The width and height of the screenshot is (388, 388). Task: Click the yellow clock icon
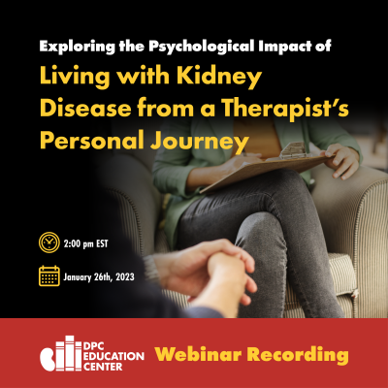point(49,242)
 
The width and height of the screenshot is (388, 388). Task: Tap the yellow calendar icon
point(49,275)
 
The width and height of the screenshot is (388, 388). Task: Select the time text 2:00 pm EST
point(85,243)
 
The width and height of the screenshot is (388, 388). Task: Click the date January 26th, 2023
point(99,277)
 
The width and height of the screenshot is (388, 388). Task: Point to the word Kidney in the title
point(219,77)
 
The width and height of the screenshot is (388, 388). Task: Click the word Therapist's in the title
point(285,109)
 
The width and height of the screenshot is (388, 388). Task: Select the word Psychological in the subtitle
point(202,47)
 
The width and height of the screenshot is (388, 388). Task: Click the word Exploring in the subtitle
point(78,47)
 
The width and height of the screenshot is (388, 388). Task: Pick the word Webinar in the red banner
point(198,354)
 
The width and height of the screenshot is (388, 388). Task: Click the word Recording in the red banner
point(298,355)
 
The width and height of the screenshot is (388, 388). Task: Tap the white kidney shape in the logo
point(48,359)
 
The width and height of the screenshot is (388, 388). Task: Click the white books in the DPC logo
point(69,353)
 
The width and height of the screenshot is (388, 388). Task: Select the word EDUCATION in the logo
point(113,356)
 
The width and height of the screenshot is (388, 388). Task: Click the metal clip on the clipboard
point(293,150)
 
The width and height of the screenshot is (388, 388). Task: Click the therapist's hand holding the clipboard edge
point(341,161)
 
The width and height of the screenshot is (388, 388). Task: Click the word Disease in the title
point(85,109)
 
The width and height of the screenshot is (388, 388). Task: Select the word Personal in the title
point(92,141)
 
